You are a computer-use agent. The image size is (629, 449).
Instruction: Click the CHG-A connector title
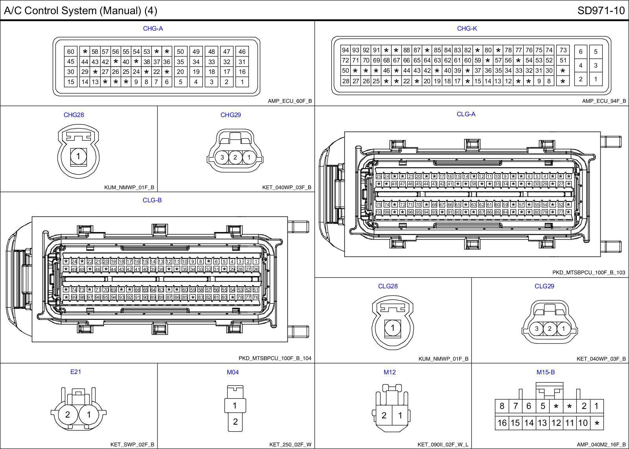pyautogui.click(x=153, y=28)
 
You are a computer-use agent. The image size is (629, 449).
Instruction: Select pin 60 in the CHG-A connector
pyautogui.click(x=71, y=51)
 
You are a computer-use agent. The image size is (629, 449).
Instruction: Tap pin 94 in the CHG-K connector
pyautogui.click(x=346, y=50)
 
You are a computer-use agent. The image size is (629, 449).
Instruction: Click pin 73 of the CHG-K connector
pyautogui.click(x=563, y=50)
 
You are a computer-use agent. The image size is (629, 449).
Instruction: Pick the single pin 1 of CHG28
pyautogui.click(x=78, y=156)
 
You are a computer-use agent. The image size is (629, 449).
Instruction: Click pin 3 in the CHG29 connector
pyautogui.click(x=222, y=158)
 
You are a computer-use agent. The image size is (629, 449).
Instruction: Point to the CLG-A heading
pyautogui.click(x=466, y=114)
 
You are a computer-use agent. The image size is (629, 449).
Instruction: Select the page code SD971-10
pyautogui.click(x=601, y=11)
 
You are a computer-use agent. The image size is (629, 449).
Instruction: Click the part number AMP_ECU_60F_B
pyautogui.click(x=290, y=101)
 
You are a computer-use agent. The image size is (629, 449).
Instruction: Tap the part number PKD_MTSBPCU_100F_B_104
pyautogui.click(x=275, y=358)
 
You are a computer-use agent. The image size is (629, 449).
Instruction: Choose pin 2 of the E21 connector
pyautogui.click(x=68, y=414)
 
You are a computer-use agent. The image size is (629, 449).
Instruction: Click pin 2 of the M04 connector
pyautogui.click(x=235, y=422)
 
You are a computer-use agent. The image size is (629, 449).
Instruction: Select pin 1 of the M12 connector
pyautogui.click(x=400, y=416)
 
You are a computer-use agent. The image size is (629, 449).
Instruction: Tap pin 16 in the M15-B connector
pyautogui.click(x=502, y=423)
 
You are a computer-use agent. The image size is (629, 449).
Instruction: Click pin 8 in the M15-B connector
pyautogui.click(x=502, y=406)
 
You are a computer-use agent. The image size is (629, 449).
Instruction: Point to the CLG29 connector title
pyautogui.click(x=544, y=286)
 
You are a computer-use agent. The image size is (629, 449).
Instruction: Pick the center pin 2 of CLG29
pyautogui.click(x=550, y=329)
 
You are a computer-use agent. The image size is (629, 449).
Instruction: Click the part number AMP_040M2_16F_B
pyautogui.click(x=601, y=445)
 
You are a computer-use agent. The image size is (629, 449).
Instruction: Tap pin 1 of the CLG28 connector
pyautogui.click(x=392, y=328)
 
